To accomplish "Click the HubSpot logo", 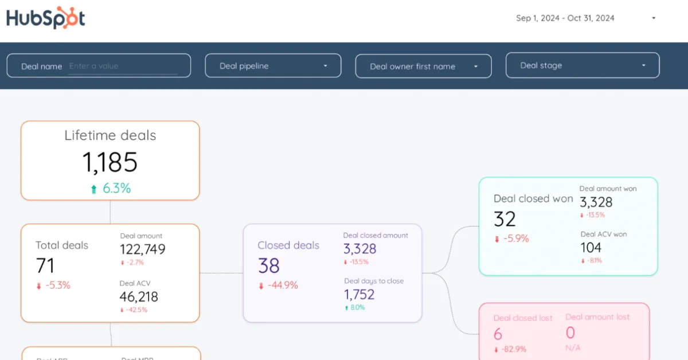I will pyautogui.click(x=46, y=18).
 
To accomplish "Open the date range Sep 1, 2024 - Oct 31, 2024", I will pyautogui.click(x=585, y=18).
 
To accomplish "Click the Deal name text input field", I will pyautogui.click(x=122, y=66).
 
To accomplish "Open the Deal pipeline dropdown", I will pyautogui.click(x=273, y=66).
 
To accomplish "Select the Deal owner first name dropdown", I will pyautogui.click(x=423, y=66).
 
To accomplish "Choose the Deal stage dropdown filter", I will pyautogui.click(x=582, y=65).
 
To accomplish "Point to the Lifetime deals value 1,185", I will pyautogui.click(x=110, y=162).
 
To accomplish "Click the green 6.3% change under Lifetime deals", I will pyautogui.click(x=116, y=188).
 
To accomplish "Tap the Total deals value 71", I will pyautogui.click(x=45, y=265).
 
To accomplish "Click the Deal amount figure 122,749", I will pyautogui.click(x=143, y=249).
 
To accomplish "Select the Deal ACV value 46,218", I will pyautogui.click(x=139, y=297).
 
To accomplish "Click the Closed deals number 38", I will pyautogui.click(x=268, y=266).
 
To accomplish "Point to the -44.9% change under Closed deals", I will pyautogui.click(x=283, y=285).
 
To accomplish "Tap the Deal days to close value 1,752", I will pyautogui.click(x=359, y=295).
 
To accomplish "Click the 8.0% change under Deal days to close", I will pyautogui.click(x=357, y=308).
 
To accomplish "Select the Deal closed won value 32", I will pyautogui.click(x=505, y=219).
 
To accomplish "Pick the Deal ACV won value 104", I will pyautogui.click(x=591, y=248).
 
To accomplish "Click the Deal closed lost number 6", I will pyautogui.click(x=498, y=334).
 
